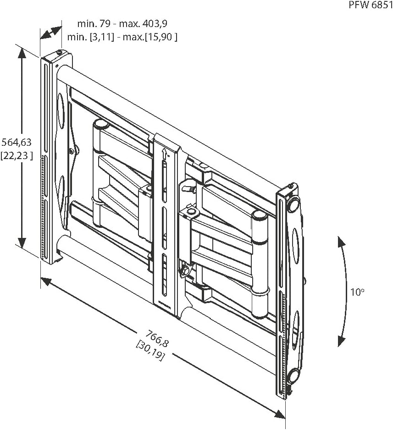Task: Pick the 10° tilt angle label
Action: (358, 292)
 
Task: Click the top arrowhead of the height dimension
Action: (21, 51)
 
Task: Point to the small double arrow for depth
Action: (50, 33)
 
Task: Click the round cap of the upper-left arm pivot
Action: (101, 124)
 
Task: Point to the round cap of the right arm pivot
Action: (260, 215)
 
